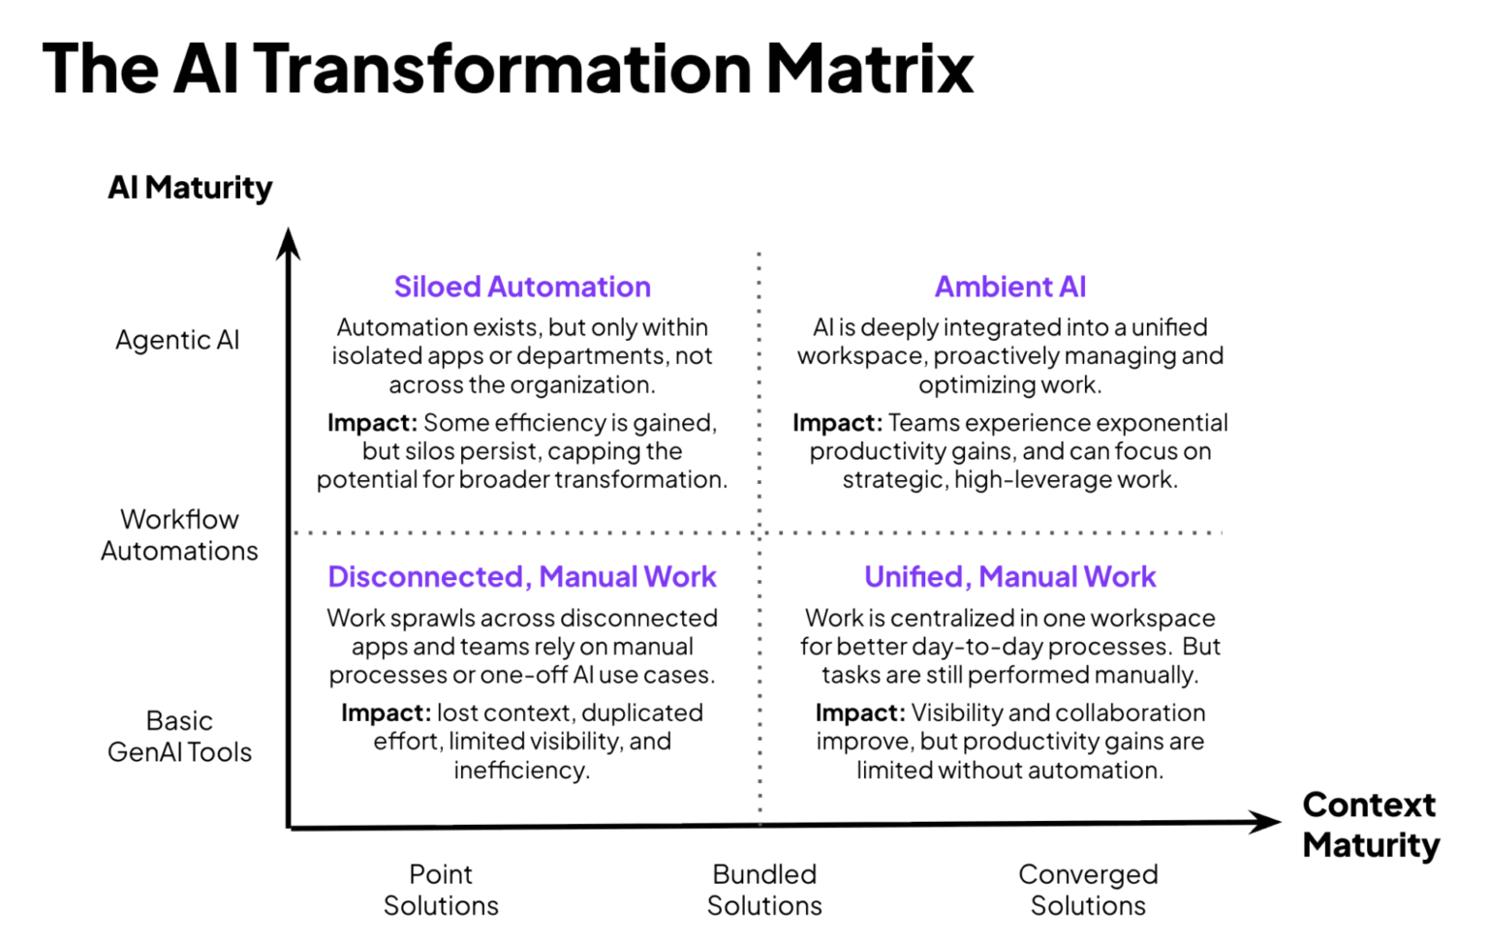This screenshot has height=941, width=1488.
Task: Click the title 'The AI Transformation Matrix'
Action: [x=508, y=69]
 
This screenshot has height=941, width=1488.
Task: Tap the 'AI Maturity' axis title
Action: [x=190, y=187]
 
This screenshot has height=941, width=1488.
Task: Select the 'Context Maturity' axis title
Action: [x=1370, y=825]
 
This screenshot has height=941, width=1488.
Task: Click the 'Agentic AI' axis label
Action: [x=177, y=340]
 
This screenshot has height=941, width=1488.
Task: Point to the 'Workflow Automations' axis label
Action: [x=179, y=534]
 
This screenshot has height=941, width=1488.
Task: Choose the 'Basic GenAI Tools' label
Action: [x=179, y=736]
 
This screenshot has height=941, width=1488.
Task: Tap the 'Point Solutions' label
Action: [x=441, y=890]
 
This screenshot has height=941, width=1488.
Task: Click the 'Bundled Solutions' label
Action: [x=764, y=890]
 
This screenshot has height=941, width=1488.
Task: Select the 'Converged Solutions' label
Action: [x=1088, y=890]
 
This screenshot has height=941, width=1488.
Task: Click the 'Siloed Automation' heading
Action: [x=522, y=287]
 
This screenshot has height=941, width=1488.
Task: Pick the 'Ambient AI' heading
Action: [x=1010, y=287]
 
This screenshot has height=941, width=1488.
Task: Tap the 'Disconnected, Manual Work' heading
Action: [x=522, y=577]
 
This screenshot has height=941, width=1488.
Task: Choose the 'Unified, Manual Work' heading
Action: [x=1010, y=577]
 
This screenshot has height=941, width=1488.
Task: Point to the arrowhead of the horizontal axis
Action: [x=1267, y=823]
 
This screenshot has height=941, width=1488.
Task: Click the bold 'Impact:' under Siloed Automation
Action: [x=372, y=423]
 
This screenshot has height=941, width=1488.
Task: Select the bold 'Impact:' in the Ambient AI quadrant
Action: [x=837, y=423]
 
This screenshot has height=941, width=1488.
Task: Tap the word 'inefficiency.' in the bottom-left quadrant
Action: [x=522, y=771]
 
